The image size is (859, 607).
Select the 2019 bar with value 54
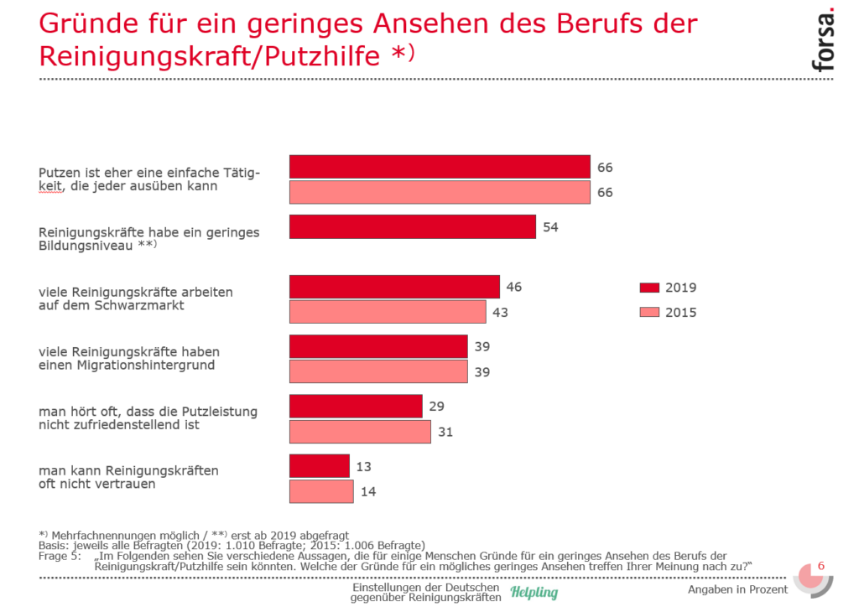tap(412, 226)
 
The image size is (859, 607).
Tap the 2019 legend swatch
tap(648, 288)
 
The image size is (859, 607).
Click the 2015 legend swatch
tap(648, 313)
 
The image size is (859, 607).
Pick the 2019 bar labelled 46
tap(394, 287)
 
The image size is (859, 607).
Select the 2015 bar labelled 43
tap(388, 312)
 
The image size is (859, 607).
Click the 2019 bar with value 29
tap(356, 407)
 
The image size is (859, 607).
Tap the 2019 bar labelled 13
tap(319, 466)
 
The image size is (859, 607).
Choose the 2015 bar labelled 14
tap(321, 491)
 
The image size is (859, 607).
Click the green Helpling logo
tap(534, 593)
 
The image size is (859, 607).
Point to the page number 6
tap(820, 566)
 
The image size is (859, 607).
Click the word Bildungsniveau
tap(86, 246)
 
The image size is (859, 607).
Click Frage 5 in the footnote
tap(60, 556)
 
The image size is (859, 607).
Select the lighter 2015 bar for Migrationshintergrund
tap(378, 371)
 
